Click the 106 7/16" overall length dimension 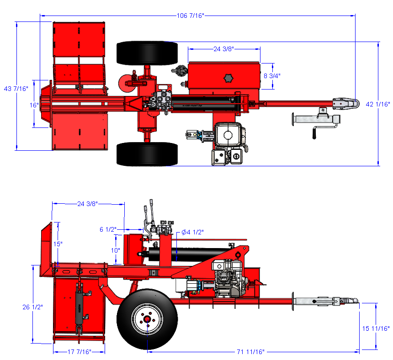click(x=191, y=16)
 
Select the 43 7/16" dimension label click(x=16, y=89)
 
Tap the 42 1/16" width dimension click(x=378, y=104)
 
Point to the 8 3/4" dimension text click(x=272, y=76)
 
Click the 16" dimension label click(x=34, y=105)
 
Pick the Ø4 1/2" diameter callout click(x=192, y=232)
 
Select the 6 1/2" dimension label click(x=108, y=229)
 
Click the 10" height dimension click(x=116, y=250)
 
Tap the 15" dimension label click(x=58, y=244)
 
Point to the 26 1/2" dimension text click(x=32, y=307)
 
